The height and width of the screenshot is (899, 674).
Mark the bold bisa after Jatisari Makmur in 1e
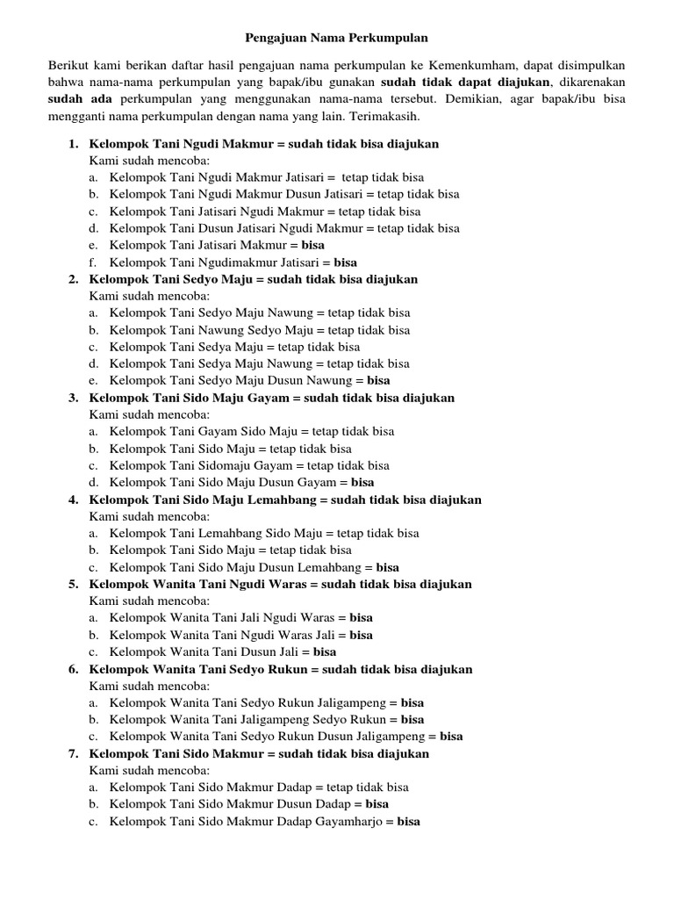coord(313,245)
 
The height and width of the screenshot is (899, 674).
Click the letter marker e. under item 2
coord(93,380)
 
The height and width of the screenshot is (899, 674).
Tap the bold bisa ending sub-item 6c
coord(451,737)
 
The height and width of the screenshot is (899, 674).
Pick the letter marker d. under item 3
coord(93,482)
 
